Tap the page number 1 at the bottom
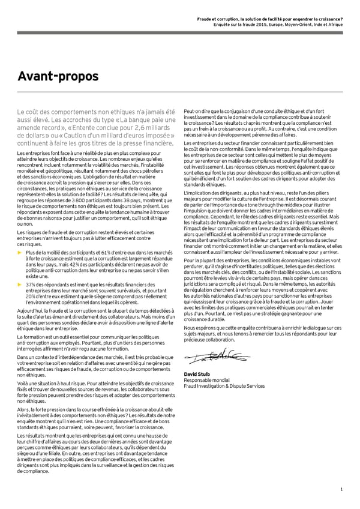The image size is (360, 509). pyautogui.click(x=341, y=490)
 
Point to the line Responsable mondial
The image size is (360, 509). pyautogui.click(x=206, y=380)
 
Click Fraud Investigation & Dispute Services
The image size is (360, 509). pyautogui.click(x=223, y=386)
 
